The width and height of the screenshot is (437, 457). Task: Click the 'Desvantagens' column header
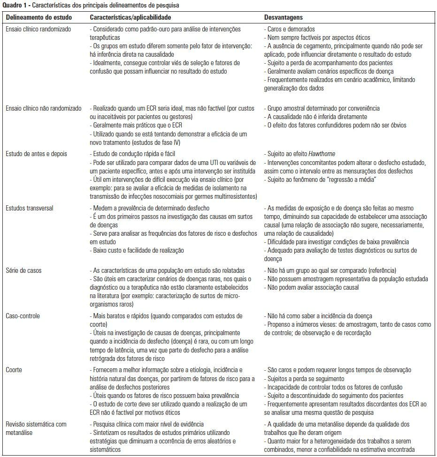pos(284,17)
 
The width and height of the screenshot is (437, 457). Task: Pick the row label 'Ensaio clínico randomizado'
pos(38,29)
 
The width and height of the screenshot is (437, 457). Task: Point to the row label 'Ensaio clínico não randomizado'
pos(43,108)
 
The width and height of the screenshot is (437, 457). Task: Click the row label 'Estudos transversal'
pos(29,208)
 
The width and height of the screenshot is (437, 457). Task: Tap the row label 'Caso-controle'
pos(23,316)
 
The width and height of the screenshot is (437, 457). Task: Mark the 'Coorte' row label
pos(14,370)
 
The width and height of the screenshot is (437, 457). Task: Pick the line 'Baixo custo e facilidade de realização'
pos(138,250)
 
